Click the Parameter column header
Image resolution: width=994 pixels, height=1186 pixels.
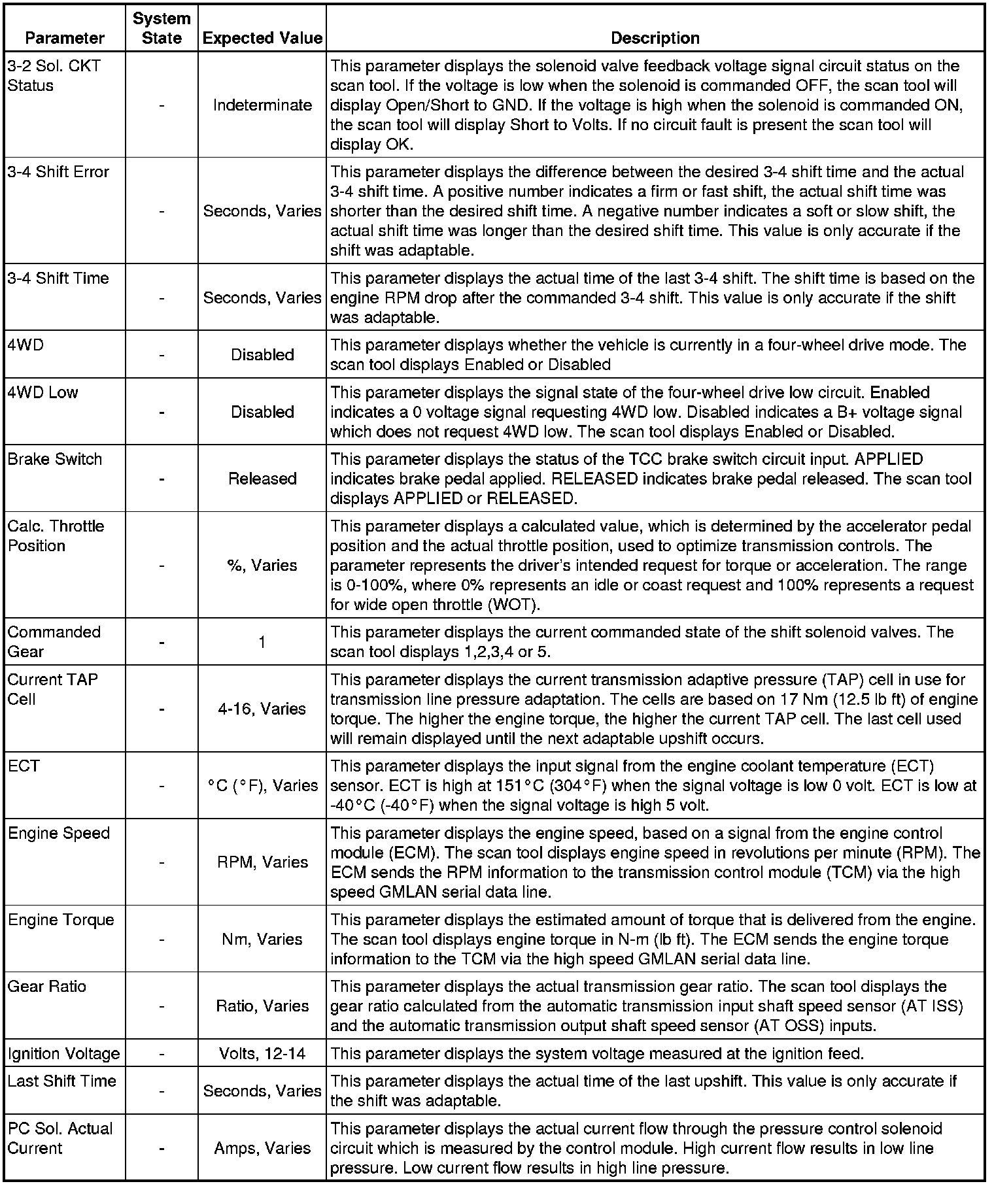coord(64,38)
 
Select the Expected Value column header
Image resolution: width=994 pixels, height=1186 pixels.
coord(262,38)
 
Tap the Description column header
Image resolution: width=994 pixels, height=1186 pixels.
coord(655,38)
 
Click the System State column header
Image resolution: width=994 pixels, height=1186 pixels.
coord(162,28)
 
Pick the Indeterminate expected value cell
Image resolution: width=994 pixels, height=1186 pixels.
coord(262,105)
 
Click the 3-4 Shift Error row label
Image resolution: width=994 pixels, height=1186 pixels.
coord(58,172)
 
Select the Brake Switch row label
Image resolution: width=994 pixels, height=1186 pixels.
coord(55,459)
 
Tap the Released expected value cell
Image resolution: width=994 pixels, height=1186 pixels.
coord(262,479)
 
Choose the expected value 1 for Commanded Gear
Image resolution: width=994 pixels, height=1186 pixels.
coord(262,642)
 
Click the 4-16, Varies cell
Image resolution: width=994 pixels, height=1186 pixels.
coord(262,709)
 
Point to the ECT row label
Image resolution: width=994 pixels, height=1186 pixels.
coord(24,766)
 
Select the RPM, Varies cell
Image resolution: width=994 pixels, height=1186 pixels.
coord(262,862)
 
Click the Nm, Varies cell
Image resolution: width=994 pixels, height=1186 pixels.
coord(262,939)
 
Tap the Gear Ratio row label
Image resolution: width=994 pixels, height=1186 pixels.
coord(47,986)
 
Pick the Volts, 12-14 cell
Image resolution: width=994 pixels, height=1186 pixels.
coord(262,1053)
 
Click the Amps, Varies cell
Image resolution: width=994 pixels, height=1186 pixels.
coord(262,1148)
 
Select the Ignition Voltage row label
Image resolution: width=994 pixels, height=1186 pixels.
coord(64,1053)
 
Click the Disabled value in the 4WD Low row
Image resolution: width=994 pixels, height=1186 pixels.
coord(262,412)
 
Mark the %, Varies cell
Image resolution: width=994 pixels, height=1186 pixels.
coord(262,565)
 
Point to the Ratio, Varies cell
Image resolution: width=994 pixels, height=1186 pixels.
coord(262,1006)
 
